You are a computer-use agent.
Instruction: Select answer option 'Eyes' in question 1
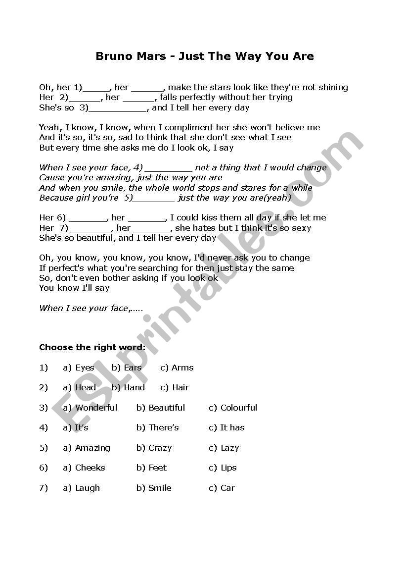point(84,368)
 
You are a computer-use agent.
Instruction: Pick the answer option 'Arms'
point(182,368)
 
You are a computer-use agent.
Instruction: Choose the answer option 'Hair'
point(180,388)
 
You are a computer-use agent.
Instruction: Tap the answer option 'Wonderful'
point(96,408)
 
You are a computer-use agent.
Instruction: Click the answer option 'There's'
point(163,428)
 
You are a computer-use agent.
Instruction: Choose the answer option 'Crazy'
point(160,448)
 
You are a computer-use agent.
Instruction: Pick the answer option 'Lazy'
point(229,448)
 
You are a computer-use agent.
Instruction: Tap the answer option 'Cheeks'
point(90,468)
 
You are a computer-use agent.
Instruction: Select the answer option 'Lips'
point(228,468)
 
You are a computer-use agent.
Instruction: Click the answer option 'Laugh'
point(88,488)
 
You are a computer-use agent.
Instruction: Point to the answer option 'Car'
point(227,488)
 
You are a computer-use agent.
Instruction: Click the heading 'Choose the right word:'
point(92,348)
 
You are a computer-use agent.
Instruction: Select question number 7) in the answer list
point(44,488)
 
